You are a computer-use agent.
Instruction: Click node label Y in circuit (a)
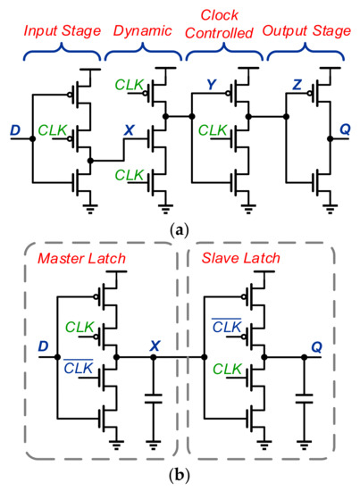coord(211,87)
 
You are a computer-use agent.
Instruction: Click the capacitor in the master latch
coord(154,403)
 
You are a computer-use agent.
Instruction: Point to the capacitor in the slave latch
coord(305,403)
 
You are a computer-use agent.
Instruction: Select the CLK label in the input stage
coord(52,130)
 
